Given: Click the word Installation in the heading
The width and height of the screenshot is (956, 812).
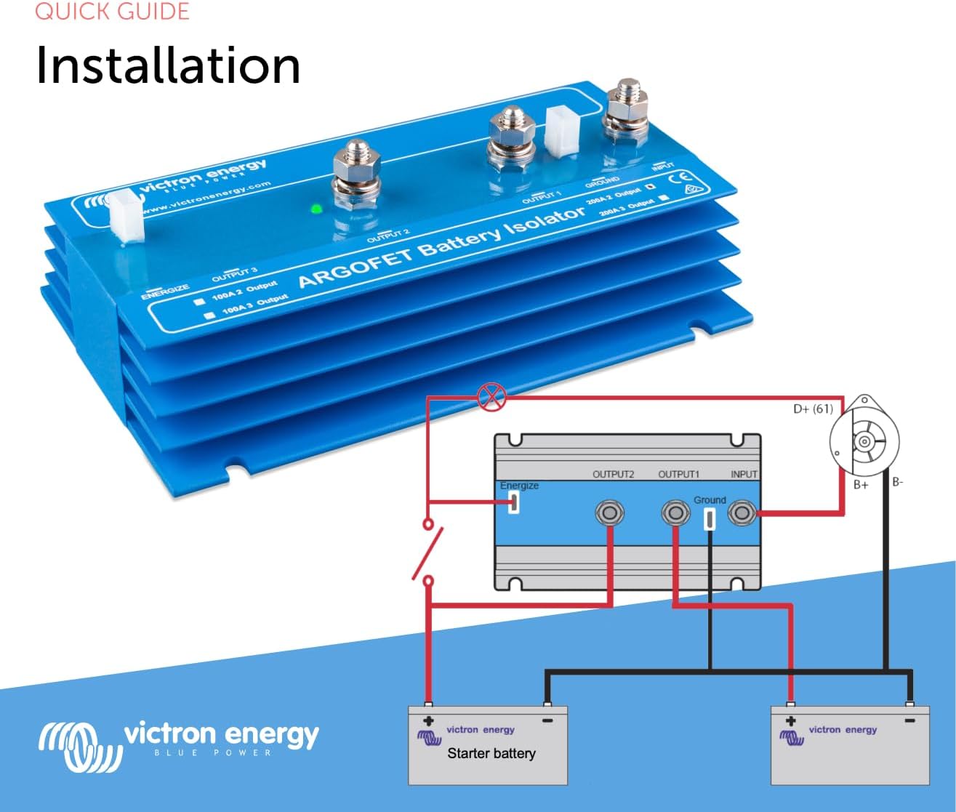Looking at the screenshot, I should pos(168,65).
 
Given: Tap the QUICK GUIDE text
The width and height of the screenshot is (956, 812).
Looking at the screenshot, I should pos(112,11).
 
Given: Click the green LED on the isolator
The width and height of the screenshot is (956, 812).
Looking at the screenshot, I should pos(316,209).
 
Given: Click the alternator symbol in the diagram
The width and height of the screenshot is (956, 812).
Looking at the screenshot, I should pos(864,441).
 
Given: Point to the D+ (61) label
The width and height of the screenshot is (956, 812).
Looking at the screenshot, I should pos(813,409).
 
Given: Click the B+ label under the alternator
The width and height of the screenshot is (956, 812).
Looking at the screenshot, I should pos(861,484).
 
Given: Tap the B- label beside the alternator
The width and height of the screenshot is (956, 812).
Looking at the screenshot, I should pos(898,481).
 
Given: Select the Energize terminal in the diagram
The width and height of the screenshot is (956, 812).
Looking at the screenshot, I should pos(513,503).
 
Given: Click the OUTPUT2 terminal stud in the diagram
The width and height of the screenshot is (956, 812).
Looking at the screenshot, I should pos(609,513).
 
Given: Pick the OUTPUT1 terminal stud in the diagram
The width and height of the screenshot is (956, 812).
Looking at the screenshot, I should pos(675,513).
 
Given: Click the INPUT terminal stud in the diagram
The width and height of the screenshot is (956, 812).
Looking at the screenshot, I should pos(742,513).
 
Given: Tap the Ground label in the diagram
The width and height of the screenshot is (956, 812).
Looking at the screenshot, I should pos(710,500).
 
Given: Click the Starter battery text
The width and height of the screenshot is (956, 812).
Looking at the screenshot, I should pos(491,753).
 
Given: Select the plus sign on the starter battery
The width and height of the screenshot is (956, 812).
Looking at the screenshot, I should pos(428,721).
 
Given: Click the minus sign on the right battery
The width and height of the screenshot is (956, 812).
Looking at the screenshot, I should pos(909,720).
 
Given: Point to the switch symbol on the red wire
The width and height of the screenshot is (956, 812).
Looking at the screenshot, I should pos(428,552).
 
